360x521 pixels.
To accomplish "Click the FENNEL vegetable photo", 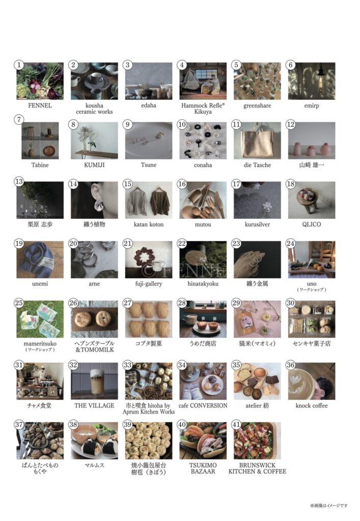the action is point(40,81).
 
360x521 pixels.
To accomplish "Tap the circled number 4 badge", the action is point(182,65).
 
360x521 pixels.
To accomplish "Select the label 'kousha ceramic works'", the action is point(94,109).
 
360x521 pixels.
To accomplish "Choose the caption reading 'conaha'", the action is point(203,165).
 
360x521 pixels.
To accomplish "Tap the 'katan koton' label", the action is point(149,224).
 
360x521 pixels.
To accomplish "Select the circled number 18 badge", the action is point(291,184).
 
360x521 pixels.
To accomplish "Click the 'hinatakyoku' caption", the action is point(203,284).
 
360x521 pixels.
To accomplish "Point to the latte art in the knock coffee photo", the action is point(300,380).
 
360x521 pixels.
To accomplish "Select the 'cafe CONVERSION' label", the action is point(203,406).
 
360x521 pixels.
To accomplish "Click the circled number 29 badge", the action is point(236,303).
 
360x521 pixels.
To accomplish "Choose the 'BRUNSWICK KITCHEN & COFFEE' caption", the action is point(257,468).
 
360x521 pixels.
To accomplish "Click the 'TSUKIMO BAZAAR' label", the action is point(203,468).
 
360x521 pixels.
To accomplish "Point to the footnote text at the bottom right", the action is point(329,505).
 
